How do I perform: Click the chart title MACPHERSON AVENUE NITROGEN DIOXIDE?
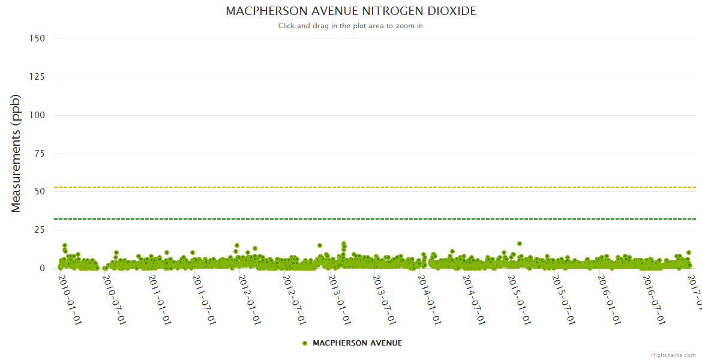coord(351,11)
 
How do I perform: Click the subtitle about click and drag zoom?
coord(351,26)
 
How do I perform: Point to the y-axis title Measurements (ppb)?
coord(16,153)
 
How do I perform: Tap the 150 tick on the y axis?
coord(37,38)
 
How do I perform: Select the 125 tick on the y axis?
coord(37,77)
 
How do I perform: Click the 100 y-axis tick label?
coord(37,115)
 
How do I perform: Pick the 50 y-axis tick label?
coord(40,192)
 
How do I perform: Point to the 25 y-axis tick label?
coord(40,230)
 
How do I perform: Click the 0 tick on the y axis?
coord(42,268)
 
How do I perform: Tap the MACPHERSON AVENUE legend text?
coord(357,343)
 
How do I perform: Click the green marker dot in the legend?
coord(305,343)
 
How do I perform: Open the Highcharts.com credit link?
coord(673,355)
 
